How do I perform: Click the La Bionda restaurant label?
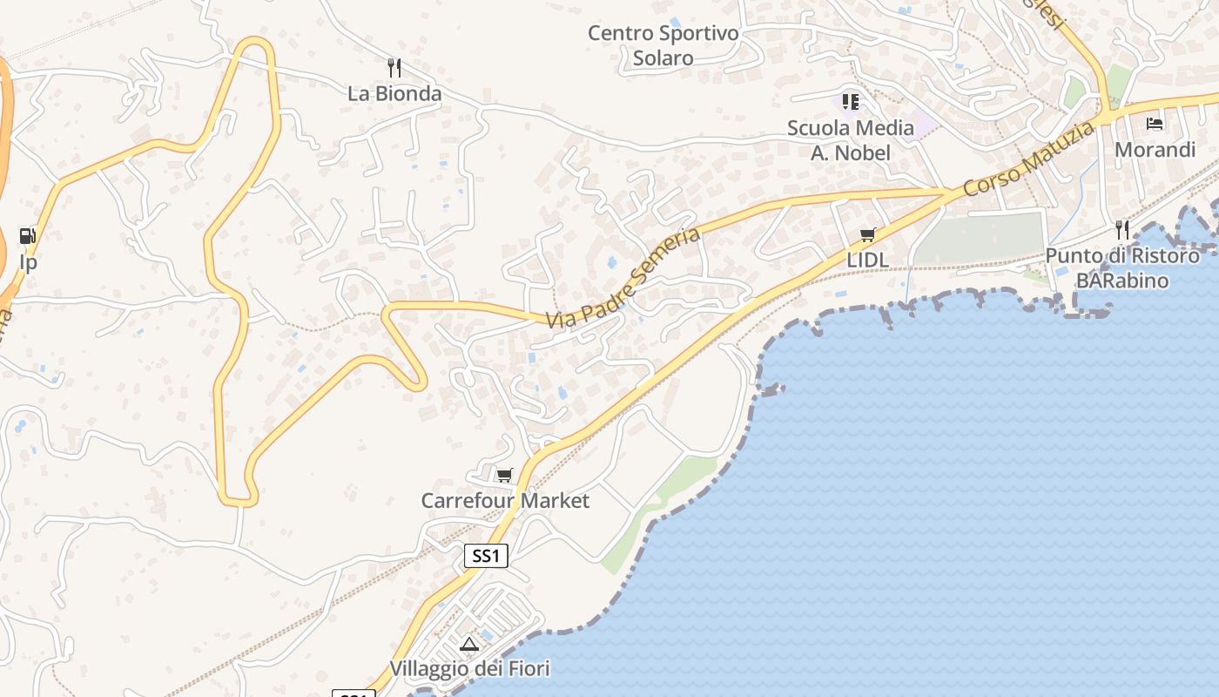point(394,93)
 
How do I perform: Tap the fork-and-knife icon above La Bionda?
point(394,67)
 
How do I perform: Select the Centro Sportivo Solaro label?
point(663,45)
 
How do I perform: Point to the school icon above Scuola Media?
point(851,102)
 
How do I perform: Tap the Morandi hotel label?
point(1155,150)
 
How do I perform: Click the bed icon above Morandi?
point(1155,124)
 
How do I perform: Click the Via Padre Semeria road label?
point(623,278)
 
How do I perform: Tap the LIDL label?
point(868,261)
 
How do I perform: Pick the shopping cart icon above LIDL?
point(867,234)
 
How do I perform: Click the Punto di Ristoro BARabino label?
point(1122,268)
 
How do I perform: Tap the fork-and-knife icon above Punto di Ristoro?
point(1122,230)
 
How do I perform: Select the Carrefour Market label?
point(505,501)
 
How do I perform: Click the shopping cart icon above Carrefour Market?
point(504,475)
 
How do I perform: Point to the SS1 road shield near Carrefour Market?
point(486,556)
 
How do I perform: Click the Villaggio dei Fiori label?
point(469,669)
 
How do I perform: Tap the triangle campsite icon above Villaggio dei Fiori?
point(470,645)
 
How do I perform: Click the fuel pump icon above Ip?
point(28,236)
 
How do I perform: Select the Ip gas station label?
point(28,262)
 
